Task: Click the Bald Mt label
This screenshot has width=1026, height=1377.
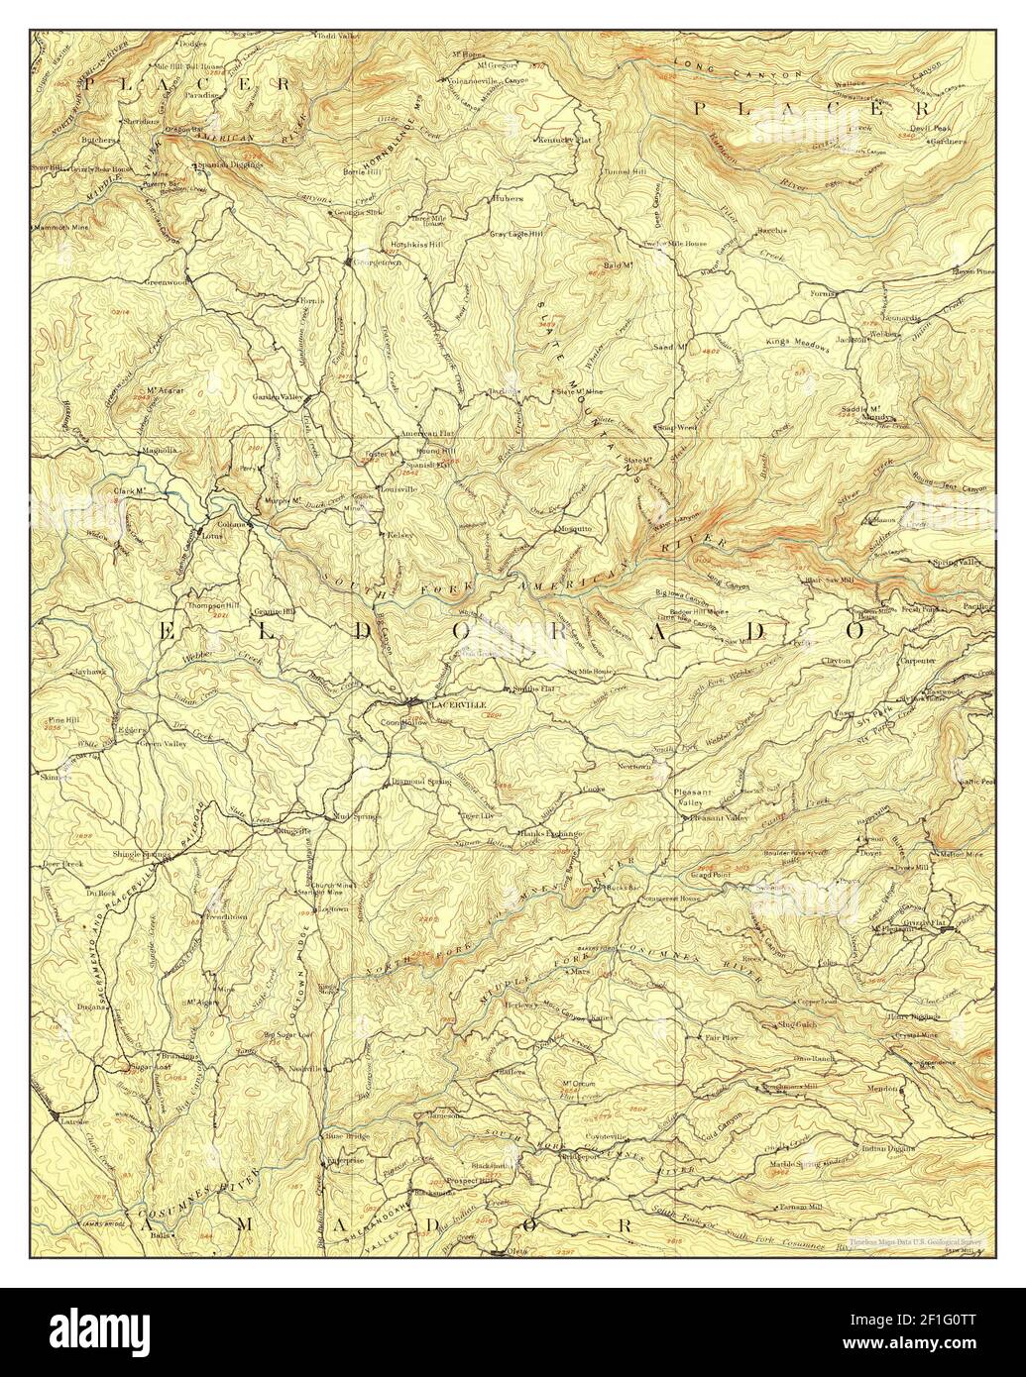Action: tap(619, 266)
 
